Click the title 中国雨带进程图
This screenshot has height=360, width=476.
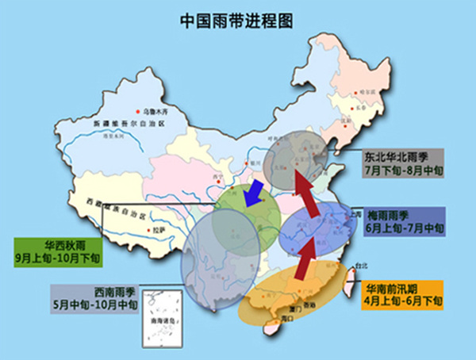click(237, 20)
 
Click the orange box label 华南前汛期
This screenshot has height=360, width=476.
click(402, 289)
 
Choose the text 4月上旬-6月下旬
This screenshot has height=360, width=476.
click(402, 302)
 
